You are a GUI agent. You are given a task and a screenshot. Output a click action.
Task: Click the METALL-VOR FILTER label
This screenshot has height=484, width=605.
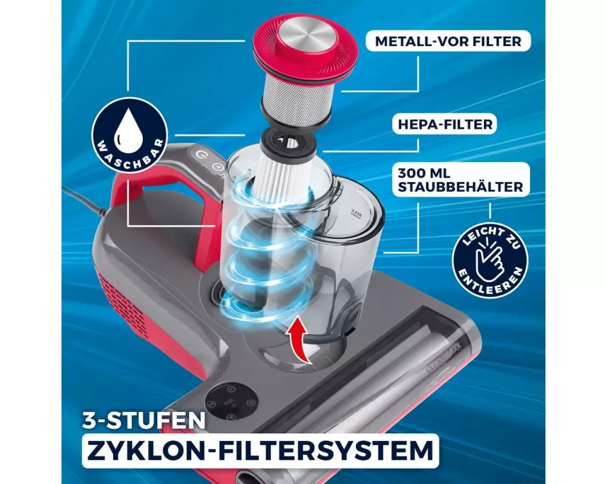point(448,41)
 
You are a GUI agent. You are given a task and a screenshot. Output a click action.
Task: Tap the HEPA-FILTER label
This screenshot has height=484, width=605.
point(445,124)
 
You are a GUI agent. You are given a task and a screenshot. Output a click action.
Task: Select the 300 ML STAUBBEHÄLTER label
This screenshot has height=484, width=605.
point(460,180)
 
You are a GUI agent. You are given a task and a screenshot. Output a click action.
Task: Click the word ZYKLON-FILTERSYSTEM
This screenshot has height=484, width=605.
point(260,450)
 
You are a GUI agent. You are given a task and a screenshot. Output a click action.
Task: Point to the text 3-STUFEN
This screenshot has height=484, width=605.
point(143,420)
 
